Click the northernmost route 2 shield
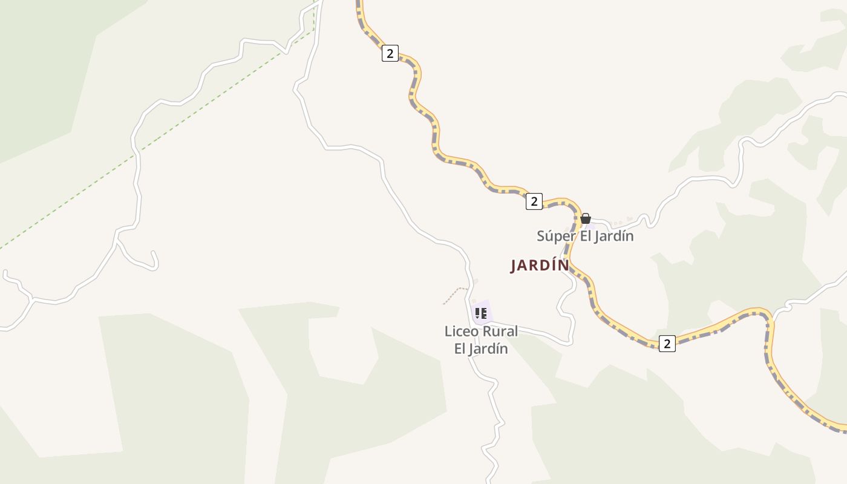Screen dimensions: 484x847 (x=390, y=53)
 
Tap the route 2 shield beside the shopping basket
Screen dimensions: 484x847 (x=534, y=201)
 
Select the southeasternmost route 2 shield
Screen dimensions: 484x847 (x=667, y=344)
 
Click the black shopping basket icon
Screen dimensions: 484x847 (x=586, y=218)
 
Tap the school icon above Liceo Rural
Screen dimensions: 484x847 (x=481, y=313)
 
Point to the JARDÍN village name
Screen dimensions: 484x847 (x=540, y=266)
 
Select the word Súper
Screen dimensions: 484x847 (x=555, y=236)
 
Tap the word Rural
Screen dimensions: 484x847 (x=500, y=332)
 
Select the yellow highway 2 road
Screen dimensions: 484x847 (x=460, y=162)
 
